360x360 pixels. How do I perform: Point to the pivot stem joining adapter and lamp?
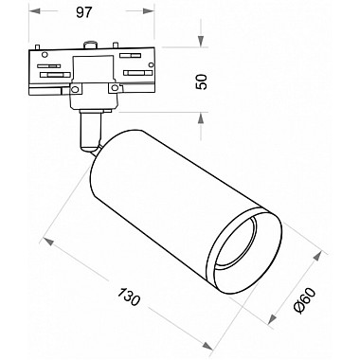[89, 128]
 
